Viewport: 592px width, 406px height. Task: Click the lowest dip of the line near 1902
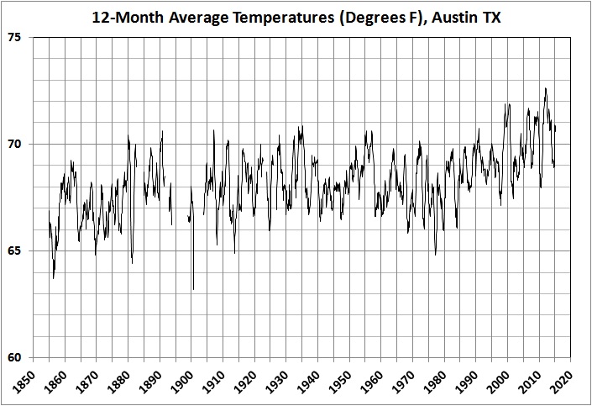[x=193, y=289]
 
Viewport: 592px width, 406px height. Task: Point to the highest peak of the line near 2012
[x=546, y=88]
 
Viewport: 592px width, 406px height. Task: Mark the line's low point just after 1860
[x=54, y=278]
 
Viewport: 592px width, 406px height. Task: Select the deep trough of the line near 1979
[x=436, y=254]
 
